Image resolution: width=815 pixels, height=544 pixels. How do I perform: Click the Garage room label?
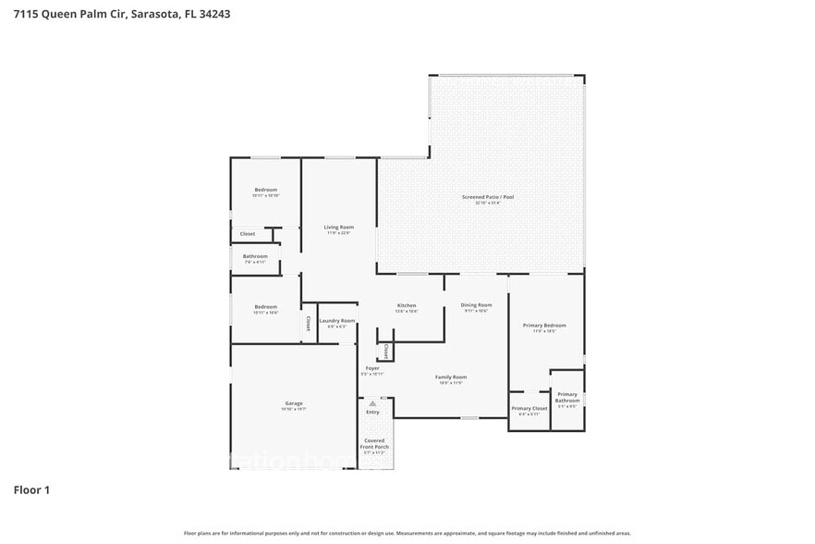tap(294, 403)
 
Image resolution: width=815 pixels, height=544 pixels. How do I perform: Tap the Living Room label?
tap(338, 228)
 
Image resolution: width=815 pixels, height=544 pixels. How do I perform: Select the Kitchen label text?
tap(407, 305)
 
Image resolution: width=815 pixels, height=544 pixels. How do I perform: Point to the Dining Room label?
tap(476, 305)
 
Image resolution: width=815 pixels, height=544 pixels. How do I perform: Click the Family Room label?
tap(451, 377)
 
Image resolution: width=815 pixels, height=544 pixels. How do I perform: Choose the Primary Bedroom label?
tap(544, 326)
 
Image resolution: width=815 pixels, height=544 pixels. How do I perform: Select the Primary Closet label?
tap(529, 408)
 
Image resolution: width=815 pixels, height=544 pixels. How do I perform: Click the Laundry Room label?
tap(337, 321)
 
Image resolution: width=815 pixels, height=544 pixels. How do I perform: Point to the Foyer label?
tap(372, 368)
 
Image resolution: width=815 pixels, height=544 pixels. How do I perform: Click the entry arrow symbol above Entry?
tap(372, 403)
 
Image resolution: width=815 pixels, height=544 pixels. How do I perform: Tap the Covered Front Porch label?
tap(374, 444)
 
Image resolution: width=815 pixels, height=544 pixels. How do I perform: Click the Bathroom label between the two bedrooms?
tap(255, 256)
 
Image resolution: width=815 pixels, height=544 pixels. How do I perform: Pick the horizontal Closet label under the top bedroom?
tap(247, 234)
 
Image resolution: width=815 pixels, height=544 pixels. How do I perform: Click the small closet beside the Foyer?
tap(385, 352)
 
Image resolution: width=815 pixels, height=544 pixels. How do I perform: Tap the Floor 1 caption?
tap(31, 489)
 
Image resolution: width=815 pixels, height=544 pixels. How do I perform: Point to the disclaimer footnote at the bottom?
tap(407, 533)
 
